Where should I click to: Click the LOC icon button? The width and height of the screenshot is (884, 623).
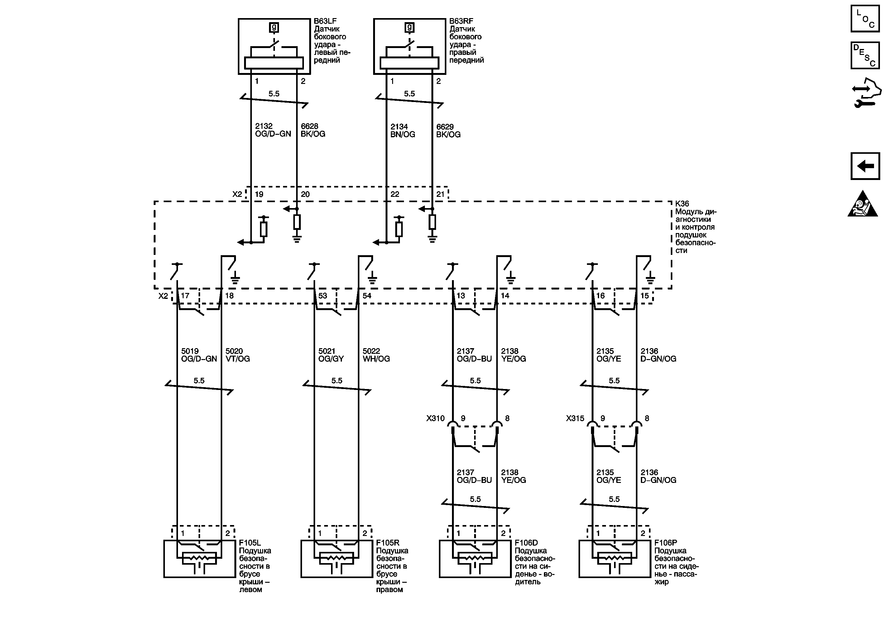[865, 18]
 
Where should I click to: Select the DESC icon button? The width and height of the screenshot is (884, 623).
[865, 56]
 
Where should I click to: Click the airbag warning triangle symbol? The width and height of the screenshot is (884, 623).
[862, 205]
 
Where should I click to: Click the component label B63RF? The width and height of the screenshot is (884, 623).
[461, 21]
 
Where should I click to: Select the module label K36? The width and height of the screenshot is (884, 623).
[682, 203]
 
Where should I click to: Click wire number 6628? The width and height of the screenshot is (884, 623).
[309, 126]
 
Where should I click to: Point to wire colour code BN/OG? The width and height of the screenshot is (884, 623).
[403, 134]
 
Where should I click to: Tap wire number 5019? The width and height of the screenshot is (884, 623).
[190, 351]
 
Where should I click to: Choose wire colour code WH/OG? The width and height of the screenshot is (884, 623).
[376, 359]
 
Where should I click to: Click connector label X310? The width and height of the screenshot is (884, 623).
[435, 418]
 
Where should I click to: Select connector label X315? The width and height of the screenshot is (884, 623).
[575, 418]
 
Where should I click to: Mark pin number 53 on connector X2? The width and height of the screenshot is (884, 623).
[322, 295]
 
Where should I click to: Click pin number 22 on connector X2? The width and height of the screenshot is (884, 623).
[395, 194]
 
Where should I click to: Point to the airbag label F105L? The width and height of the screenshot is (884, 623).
[250, 543]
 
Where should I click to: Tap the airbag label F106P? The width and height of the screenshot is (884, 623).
[665, 543]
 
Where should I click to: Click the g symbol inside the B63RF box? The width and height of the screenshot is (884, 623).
[409, 27]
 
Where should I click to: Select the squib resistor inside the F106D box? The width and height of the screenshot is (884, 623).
[475, 557]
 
